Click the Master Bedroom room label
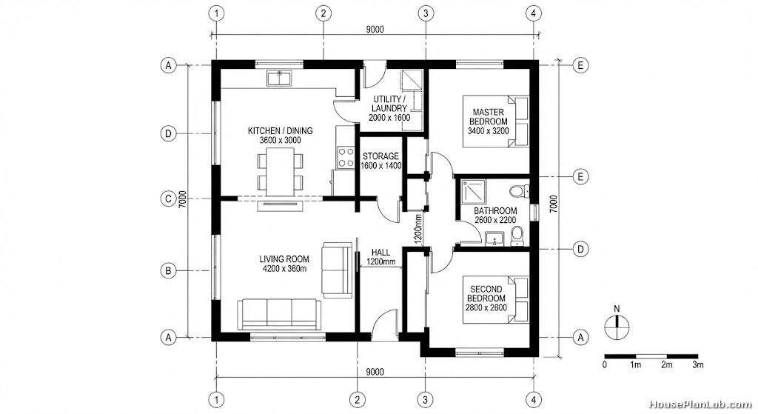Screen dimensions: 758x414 pyautogui.click(x=489, y=121)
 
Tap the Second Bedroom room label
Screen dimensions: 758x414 pyautogui.click(x=486, y=298)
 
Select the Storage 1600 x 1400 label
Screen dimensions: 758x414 pyautogui.click(x=381, y=161)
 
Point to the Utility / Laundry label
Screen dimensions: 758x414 pyautogui.click(x=389, y=108)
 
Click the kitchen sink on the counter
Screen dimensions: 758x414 pyautogui.click(x=278, y=77)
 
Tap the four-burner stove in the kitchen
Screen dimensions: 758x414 pyautogui.click(x=346, y=157)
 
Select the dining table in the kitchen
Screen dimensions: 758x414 pyautogui.click(x=281, y=172)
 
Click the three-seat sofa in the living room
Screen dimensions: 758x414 pyautogui.click(x=279, y=314)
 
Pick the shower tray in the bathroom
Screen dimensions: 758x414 pyautogui.click(x=469, y=192)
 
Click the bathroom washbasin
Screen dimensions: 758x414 pyautogui.click(x=494, y=239)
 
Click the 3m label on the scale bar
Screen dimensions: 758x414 pyautogui.click(x=697, y=364)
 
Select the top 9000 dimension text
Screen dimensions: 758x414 pyautogui.click(x=375, y=30)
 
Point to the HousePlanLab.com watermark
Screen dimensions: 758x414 pyautogui.click(x=700, y=404)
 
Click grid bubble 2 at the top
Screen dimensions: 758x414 pyautogui.click(x=323, y=13)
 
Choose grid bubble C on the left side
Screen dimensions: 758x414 pyautogui.click(x=168, y=198)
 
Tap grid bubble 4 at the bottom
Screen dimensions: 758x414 pyautogui.click(x=534, y=400)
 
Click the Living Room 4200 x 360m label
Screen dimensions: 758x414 pyautogui.click(x=284, y=264)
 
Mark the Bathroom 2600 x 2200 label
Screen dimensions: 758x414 pyautogui.click(x=495, y=216)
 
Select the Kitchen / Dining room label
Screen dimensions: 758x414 pyautogui.click(x=281, y=136)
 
